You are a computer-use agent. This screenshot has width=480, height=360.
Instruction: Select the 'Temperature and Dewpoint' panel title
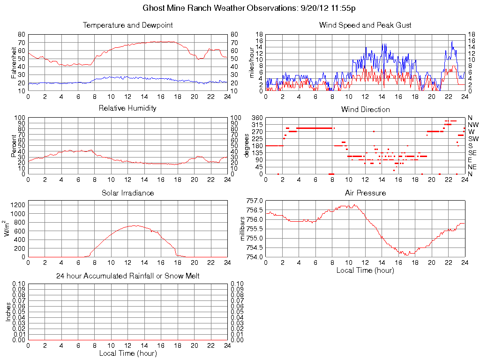pos(127,25)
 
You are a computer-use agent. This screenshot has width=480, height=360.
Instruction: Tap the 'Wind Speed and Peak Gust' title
pos(365,25)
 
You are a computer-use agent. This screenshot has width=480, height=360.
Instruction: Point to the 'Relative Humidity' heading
pos(127,108)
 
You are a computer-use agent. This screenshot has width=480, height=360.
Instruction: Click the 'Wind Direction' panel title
pos(365,109)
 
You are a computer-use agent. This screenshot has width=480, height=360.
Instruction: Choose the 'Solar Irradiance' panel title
pos(127,193)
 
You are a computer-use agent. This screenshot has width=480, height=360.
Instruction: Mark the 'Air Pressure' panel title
pos(365,193)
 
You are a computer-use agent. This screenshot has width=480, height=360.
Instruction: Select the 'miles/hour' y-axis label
pos(252,62)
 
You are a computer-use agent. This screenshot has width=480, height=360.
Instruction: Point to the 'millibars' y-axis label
pos(243,228)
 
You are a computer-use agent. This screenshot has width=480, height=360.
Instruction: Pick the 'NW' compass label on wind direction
pos(473,125)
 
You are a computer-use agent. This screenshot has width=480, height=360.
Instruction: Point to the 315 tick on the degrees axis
pos(257,125)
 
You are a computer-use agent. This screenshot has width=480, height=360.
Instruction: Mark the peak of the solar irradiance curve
pos(135,225)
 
